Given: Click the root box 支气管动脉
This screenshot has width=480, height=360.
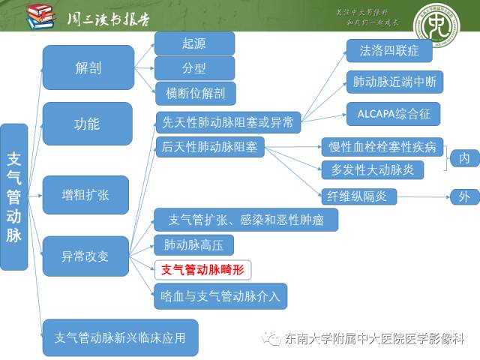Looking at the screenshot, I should (13, 196).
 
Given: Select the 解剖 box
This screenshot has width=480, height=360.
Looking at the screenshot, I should (88, 68).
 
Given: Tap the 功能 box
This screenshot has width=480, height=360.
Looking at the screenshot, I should (88, 124).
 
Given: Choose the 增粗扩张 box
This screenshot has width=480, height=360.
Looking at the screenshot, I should (85, 195).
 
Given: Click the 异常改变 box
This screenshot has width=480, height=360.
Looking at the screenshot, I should (85, 256).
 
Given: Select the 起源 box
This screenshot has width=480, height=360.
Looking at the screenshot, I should (193, 43).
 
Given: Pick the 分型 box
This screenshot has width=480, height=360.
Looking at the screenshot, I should (193, 68).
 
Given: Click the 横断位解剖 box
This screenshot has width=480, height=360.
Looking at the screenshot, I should (194, 93).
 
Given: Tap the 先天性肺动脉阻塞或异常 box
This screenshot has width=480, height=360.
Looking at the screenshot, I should (228, 121).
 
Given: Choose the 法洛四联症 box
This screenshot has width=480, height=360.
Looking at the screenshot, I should (388, 51).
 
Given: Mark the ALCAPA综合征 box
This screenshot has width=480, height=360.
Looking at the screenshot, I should (392, 114).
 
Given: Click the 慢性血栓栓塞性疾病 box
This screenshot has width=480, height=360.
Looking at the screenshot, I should (382, 146).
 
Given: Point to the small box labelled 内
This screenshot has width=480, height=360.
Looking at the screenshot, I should (464, 158).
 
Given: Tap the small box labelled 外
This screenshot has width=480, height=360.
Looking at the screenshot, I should (464, 197).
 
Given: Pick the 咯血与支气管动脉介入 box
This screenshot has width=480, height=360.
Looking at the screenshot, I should (220, 295).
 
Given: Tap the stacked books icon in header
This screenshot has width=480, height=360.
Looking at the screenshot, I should (40, 15).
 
